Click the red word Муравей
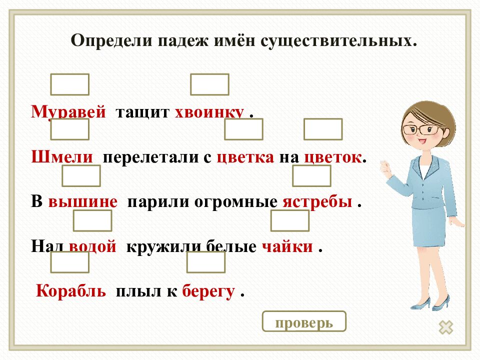tap(68, 111)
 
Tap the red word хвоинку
tap(209, 112)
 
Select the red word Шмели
tap(62, 157)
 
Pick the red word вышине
tap(82, 202)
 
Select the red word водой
tap(93, 246)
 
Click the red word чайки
tap(287, 246)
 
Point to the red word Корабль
tap(71, 291)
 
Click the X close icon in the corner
tap(446, 327)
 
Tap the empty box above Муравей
tap(70, 84)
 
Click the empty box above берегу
tap(206, 262)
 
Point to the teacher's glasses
tap(421, 129)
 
